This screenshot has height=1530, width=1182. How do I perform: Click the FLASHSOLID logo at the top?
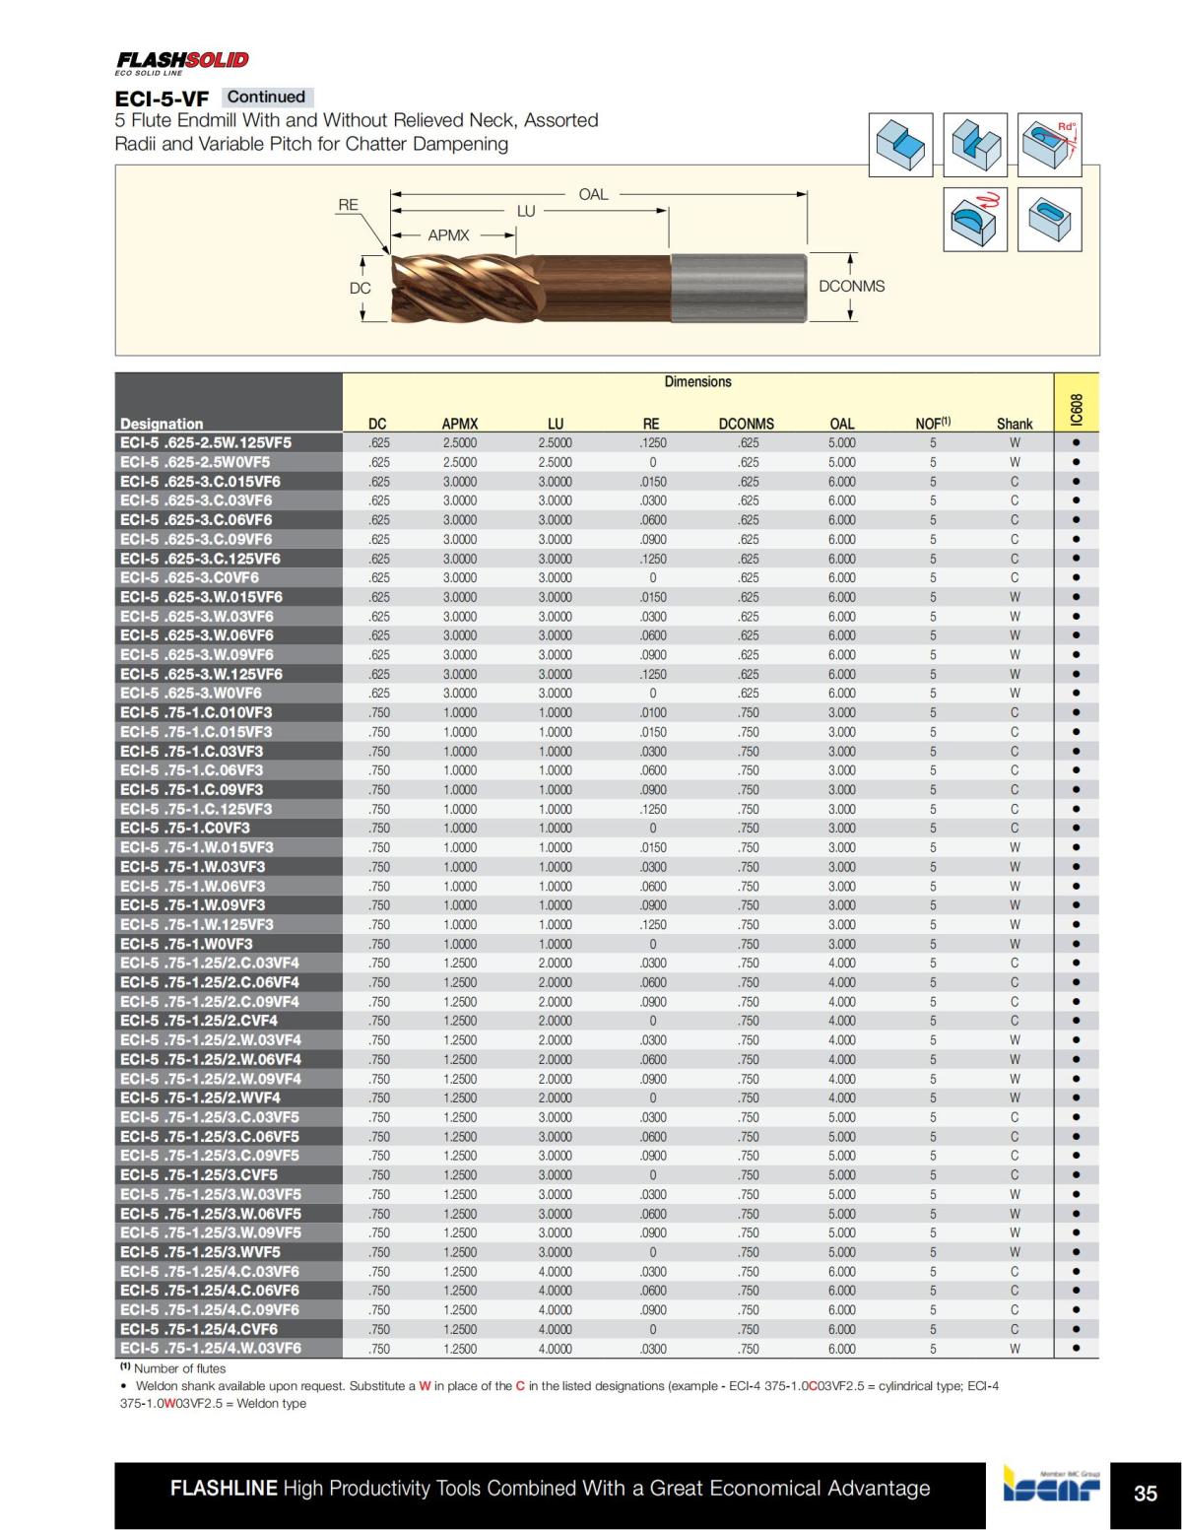(x=182, y=61)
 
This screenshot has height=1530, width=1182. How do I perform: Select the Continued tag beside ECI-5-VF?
(x=266, y=97)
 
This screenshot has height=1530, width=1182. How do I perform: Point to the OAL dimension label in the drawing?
(x=593, y=194)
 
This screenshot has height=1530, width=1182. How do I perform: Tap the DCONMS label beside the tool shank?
(x=851, y=286)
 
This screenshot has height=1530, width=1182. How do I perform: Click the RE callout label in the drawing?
(x=348, y=205)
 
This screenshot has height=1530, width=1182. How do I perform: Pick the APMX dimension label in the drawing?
(x=448, y=235)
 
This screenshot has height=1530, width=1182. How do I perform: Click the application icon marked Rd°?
(x=1051, y=145)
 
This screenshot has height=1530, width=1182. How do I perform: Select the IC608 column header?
(x=1076, y=409)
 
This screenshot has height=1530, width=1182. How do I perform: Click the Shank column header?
(x=1014, y=424)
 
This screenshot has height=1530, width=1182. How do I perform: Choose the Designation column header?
(x=162, y=424)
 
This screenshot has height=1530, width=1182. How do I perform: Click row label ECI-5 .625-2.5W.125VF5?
(x=206, y=442)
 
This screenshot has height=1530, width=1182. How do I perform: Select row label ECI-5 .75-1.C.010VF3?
(x=196, y=712)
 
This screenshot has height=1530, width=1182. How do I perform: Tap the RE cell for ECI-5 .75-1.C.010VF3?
(x=652, y=712)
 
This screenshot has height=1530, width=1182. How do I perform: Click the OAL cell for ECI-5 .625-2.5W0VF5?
(x=841, y=462)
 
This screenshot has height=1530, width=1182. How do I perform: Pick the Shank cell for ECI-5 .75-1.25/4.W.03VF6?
(x=1014, y=1349)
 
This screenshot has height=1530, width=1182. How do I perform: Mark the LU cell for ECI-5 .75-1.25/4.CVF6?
(x=555, y=1329)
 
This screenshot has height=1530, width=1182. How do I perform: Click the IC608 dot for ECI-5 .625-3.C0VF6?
(x=1076, y=577)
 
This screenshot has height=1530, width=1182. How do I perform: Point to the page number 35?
(x=1146, y=1494)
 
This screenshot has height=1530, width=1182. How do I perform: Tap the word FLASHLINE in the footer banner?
(x=224, y=1488)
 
